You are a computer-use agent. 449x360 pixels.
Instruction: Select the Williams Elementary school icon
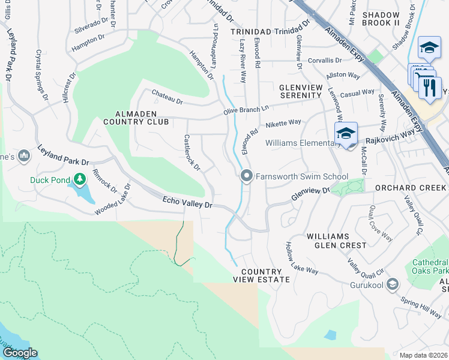point(346,133)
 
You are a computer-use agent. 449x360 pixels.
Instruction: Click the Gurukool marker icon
point(393,283)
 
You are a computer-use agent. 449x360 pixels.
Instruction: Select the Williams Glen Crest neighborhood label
point(336,241)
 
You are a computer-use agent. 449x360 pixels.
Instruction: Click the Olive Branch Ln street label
point(246,107)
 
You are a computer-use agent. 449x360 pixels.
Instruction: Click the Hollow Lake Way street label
point(301,259)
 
